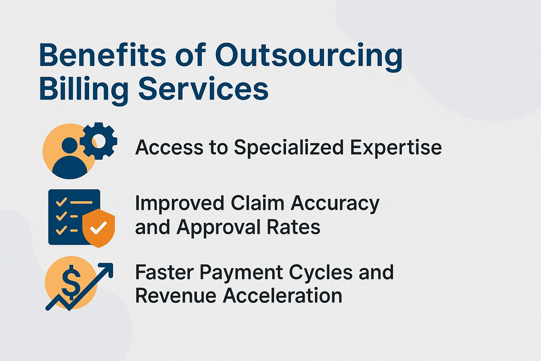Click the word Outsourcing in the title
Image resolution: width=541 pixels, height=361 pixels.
(x=309, y=56)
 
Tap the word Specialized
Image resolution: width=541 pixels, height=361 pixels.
(x=288, y=147)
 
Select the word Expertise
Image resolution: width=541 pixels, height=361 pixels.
(x=396, y=147)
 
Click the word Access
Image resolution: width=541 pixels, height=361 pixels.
(x=169, y=147)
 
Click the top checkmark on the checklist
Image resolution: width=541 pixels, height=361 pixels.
(x=61, y=202)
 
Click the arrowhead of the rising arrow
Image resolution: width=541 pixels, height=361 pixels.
(x=107, y=269)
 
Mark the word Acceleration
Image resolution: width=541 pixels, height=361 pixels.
(x=282, y=295)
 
